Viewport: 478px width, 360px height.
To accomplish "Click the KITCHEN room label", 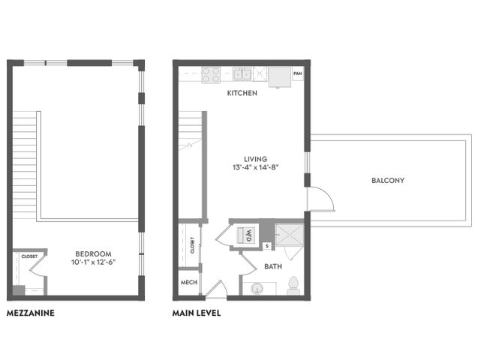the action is pyautogui.click(x=242, y=93).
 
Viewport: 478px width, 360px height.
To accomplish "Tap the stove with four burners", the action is pyautogui.click(x=211, y=75).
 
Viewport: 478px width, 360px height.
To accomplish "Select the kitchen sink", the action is pyautogui.click(x=242, y=73).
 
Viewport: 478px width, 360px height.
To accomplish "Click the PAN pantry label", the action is pyautogui.click(x=297, y=73).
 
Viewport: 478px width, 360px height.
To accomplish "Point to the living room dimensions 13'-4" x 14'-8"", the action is pyautogui.click(x=255, y=167).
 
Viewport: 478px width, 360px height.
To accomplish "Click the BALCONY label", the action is pyautogui.click(x=388, y=180).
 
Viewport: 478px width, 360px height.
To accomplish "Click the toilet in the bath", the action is pyautogui.click(x=293, y=286).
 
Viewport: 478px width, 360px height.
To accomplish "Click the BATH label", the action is pyautogui.click(x=273, y=266).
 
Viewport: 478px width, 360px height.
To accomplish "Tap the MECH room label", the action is pyautogui.click(x=189, y=282).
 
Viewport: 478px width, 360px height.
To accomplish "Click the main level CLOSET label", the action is pyautogui.click(x=192, y=245).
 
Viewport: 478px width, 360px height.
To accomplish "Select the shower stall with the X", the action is pyautogui.click(x=290, y=235).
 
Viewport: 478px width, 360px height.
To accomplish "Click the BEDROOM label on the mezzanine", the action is pyautogui.click(x=93, y=253).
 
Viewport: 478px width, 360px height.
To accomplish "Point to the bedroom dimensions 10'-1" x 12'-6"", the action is pyautogui.click(x=93, y=262).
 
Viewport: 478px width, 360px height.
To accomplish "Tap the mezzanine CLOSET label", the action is pyautogui.click(x=29, y=256).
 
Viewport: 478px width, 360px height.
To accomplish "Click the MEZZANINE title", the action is pyautogui.click(x=31, y=313).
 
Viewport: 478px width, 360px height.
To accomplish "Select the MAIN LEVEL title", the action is pyautogui.click(x=197, y=313).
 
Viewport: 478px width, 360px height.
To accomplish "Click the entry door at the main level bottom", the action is pyautogui.click(x=216, y=289).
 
